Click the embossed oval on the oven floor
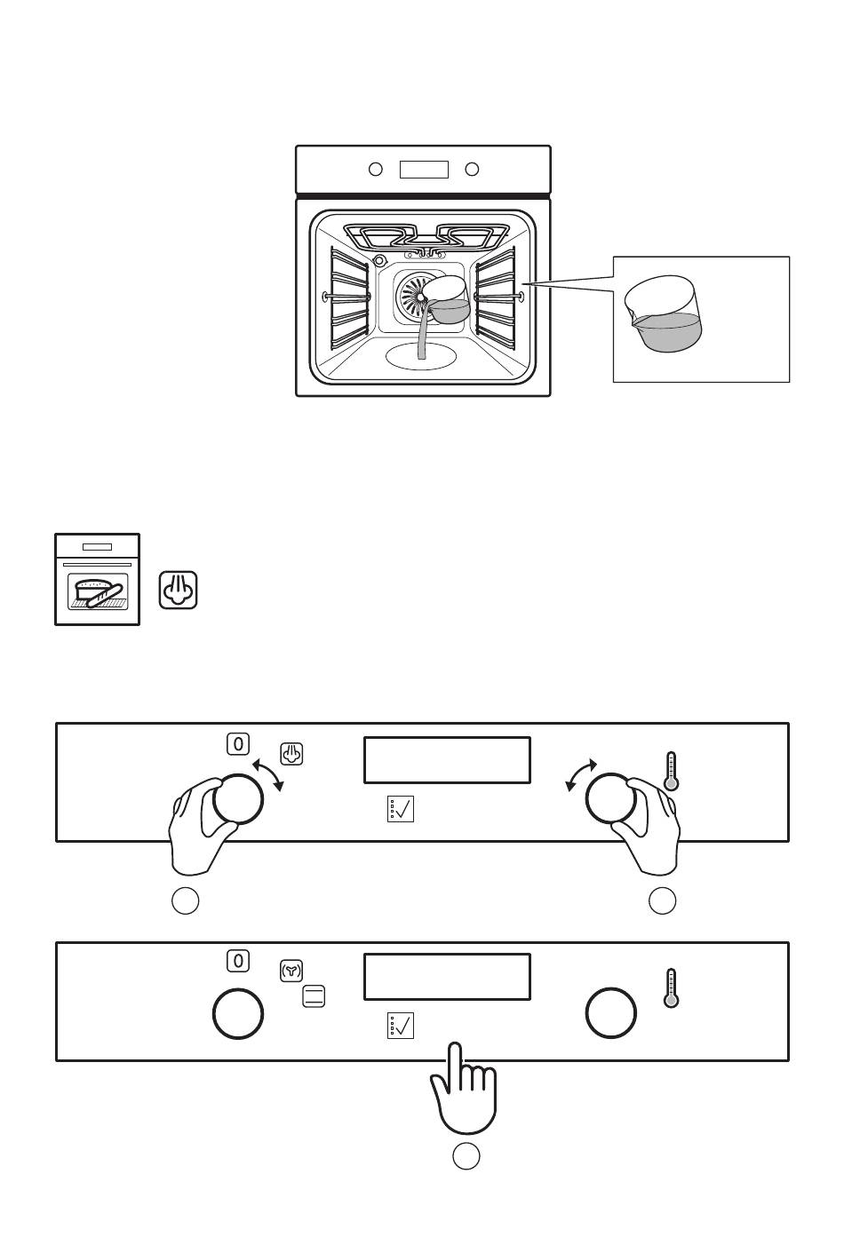click(422, 356)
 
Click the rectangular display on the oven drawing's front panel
click(424, 169)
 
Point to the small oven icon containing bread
click(98, 579)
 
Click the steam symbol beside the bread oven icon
click(179, 590)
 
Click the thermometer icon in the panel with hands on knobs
click(672, 771)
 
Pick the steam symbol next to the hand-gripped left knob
click(292, 755)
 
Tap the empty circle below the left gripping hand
click(185, 900)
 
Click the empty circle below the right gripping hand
click(663, 900)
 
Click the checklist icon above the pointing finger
click(401, 1026)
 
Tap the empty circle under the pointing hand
click(466, 1156)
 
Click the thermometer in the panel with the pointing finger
click(672, 987)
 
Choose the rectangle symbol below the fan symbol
click(314, 996)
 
